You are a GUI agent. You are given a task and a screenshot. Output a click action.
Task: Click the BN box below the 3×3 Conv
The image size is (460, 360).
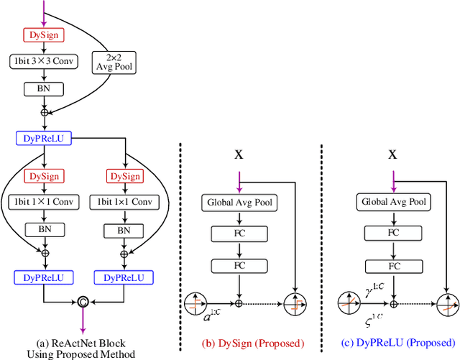click(44, 90)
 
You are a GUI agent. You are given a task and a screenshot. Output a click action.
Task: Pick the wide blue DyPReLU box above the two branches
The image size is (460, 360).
click(44, 138)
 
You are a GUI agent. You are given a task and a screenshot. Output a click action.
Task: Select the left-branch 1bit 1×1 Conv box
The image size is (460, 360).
click(44, 202)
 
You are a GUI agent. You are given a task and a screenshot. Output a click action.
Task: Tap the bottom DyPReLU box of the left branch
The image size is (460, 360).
click(44, 277)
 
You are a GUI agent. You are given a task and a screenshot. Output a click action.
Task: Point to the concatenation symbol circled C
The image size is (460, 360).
click(83, 301)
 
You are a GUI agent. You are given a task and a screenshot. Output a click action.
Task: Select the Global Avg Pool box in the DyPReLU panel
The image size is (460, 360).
click(392, 203)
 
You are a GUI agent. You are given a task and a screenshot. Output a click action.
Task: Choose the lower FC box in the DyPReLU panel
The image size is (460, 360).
click(392, 267)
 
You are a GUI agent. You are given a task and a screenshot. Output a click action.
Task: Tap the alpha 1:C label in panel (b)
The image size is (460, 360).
click(211, 313)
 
